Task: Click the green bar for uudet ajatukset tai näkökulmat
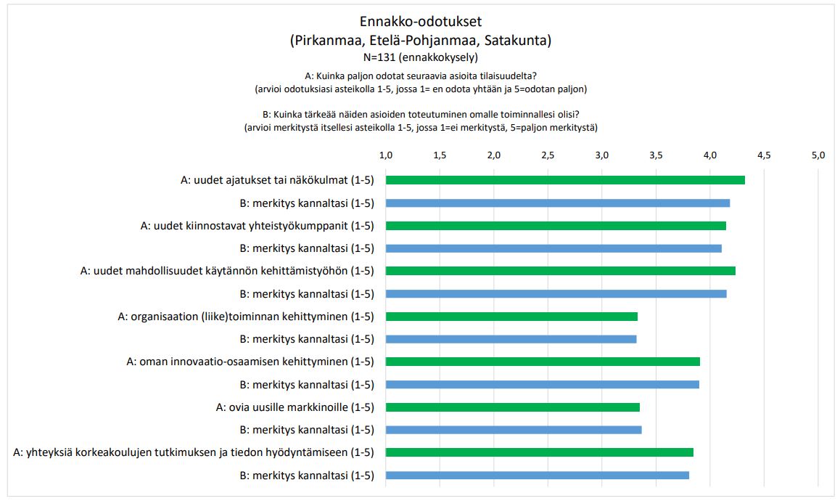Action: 565,180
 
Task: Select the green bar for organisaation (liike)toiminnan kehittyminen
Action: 511,316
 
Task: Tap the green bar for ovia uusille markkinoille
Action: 512,407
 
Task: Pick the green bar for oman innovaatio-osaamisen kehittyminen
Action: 543,362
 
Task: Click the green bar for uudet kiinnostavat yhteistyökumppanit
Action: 556,226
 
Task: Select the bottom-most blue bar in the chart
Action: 537,476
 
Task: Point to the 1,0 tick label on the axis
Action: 386,155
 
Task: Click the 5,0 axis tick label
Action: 818,155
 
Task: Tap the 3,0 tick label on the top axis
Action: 602,155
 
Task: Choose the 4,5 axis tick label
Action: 764,155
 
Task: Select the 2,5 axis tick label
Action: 548,155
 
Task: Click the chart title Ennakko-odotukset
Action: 420,21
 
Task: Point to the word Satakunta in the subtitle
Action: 516,41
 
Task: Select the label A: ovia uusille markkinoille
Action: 295,407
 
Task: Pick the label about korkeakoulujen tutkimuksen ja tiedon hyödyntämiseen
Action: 194,452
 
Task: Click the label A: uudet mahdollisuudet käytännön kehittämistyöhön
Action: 227,271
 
